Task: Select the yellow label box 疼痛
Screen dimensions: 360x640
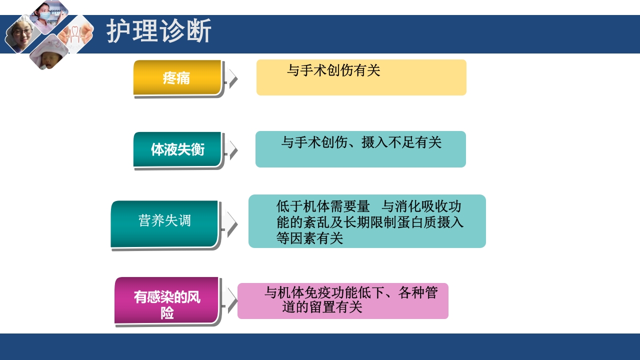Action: [x=177, y=78]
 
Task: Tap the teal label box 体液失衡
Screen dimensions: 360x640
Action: [x=177, y=149]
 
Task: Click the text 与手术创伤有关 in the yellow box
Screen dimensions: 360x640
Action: [x=333, y=71]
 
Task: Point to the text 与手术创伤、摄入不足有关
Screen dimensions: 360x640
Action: [x=361, y=143]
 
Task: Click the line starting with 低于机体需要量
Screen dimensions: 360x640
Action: [x=368, y=206]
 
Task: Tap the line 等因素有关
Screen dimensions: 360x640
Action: [x=309, y=238]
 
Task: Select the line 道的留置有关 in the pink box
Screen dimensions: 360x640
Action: [x=322, y=307]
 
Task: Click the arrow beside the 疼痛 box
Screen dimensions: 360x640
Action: [x=231, y=78]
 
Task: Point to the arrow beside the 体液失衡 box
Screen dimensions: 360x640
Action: [x=231, y=150]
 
